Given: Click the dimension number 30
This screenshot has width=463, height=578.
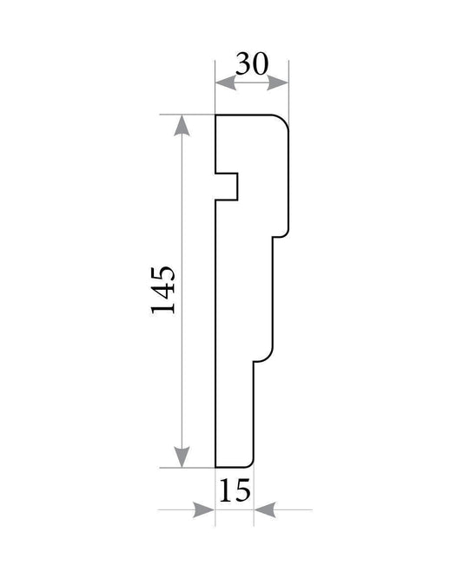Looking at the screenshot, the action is [x=252, y=63].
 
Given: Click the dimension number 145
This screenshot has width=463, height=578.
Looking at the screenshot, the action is [x=162, y=290].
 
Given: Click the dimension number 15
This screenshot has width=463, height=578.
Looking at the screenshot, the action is [x=235, y=490].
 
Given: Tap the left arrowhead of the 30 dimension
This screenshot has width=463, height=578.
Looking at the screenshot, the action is [x=226, y=83].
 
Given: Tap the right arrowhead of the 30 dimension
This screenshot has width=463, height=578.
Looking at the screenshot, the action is [x=277, y=83].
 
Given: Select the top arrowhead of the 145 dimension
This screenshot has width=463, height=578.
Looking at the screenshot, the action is [x=182, y=125].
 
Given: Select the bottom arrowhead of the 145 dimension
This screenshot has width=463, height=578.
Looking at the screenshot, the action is [x=182, y=457].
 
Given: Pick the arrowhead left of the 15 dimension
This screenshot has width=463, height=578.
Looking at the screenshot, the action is [x=203, y=509].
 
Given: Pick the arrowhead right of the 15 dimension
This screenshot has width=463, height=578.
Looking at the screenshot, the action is [x=265, y=509].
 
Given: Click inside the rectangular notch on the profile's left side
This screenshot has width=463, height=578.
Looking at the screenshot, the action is [x=227, y=187].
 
